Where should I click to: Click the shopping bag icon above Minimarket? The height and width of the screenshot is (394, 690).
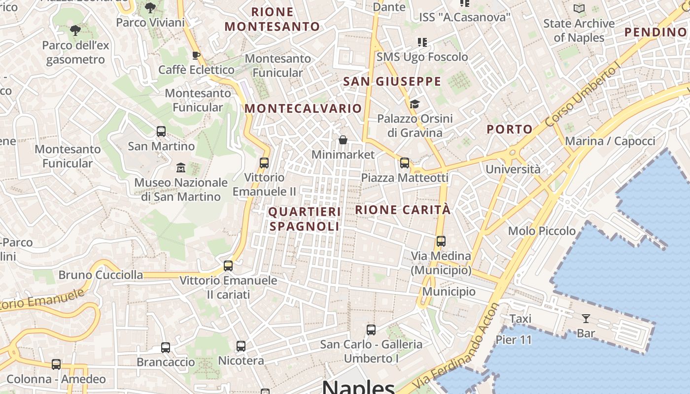coord(343,140)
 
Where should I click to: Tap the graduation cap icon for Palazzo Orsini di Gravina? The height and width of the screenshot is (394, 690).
coord(414,104)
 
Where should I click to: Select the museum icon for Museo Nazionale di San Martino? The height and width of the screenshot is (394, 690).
coord(181,168)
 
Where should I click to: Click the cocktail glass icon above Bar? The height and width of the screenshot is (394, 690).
coord(586,319)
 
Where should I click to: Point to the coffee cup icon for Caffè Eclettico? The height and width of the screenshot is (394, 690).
coord(196,55)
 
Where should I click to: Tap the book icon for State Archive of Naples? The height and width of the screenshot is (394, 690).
coord(579,8)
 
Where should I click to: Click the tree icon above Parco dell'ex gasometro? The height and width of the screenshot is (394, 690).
coord(75,31)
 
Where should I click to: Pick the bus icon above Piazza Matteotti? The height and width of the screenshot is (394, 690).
coord(405,163)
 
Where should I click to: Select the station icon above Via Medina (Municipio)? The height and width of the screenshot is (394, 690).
coord(441,241)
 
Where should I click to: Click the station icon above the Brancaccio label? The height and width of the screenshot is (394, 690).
coord(166,348)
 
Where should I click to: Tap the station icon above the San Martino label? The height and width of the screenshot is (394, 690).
coord(161,131)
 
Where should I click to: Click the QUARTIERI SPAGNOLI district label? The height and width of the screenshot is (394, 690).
coord(305,219)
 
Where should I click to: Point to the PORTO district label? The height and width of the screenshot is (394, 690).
coord(510,130)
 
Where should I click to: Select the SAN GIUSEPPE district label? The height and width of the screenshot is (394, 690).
coord(392,82)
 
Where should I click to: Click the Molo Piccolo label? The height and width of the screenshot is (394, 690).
coord(542,231)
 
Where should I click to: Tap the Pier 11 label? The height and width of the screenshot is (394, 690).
coord(514,340)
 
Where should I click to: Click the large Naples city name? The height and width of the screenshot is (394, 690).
coord(358,387)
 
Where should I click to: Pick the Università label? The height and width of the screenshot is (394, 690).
coord(513,169)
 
